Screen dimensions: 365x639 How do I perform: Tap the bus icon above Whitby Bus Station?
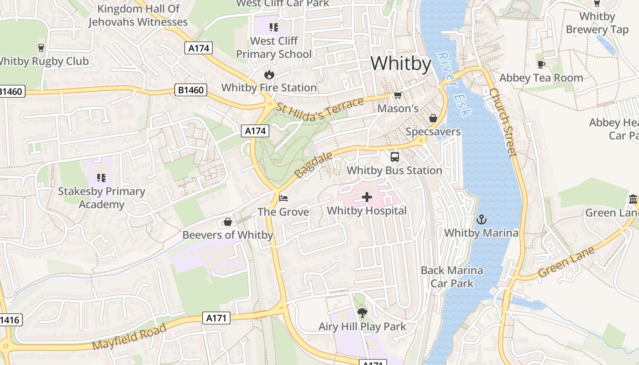[x=394, y=157]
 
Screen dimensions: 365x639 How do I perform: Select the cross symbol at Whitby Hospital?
[x=367, y=197]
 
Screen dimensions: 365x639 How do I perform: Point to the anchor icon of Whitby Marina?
[x=481, y=219]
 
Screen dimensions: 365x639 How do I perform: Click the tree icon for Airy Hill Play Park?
[x=362, y=313]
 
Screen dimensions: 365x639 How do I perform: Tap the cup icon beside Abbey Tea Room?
[x=541, y=64]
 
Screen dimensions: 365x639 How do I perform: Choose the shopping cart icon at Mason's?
[x=398, y=95]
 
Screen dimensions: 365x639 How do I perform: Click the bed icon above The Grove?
[x=283, y=198]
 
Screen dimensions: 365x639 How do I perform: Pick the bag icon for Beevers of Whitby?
[x=227, y=222]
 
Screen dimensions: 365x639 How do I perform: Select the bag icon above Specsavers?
[x=433, y=118]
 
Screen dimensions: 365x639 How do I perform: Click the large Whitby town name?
[x=401, y=63]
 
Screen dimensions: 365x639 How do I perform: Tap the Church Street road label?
[x=503, y=122]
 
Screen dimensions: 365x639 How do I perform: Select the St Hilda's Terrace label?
[x=321, y=109]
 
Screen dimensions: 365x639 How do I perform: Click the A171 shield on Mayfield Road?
[x=216, y=318]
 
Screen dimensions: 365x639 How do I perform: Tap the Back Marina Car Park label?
[x=452, y=276]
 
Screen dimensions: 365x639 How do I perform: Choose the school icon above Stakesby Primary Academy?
[x=101, y=177]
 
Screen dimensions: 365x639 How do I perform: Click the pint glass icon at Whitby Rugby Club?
[x=41, y=47]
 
